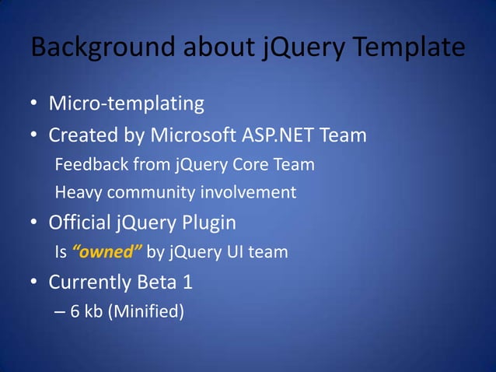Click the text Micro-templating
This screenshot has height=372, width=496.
tap(127, 103)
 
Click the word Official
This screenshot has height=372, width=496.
tap(80, 223)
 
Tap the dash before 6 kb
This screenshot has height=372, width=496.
tap(61, 312)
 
